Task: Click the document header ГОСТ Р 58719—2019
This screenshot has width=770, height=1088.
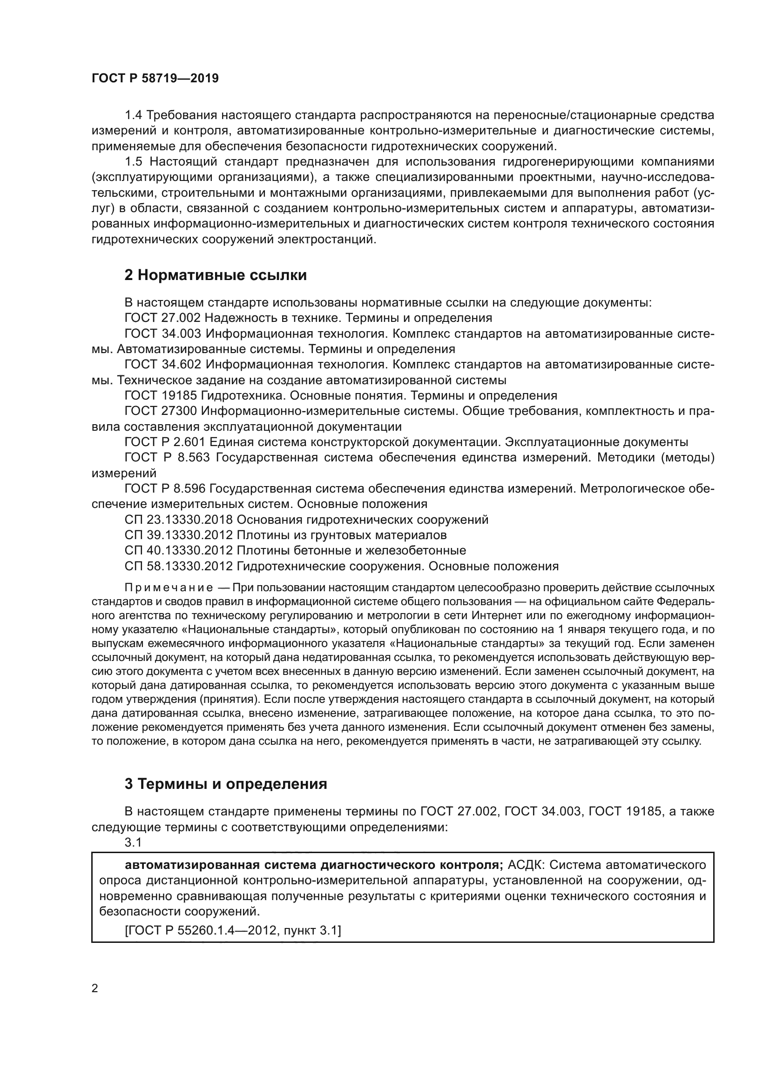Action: point(155,79)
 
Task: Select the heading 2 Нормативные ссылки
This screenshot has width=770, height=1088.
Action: point(215,275)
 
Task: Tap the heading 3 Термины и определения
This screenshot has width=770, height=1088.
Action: point(226,784)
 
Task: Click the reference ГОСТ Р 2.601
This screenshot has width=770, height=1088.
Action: point(164,442)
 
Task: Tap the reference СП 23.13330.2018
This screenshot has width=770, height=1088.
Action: point(178,520)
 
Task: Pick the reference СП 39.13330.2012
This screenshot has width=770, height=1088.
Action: point(178,535)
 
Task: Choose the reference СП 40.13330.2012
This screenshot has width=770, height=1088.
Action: point(178,551)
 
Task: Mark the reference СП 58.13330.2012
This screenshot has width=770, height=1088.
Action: point(178,566)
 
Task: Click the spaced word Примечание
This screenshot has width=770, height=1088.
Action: point(169,588)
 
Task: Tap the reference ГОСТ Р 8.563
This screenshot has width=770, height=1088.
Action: point(164,458)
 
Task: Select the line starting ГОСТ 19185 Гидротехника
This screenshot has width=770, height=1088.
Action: point(340,396)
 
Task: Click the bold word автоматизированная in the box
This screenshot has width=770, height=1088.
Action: point(192,865)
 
